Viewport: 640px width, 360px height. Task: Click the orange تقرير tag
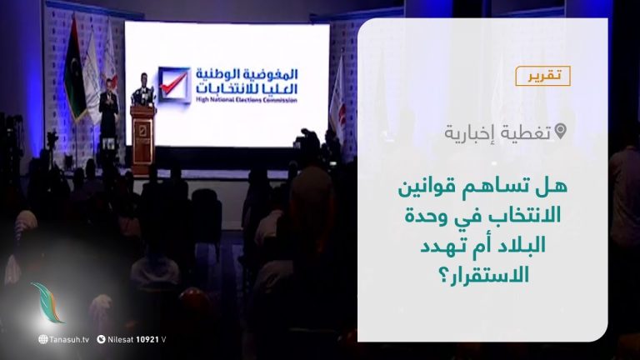(x=542, y=76)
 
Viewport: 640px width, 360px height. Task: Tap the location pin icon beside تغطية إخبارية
(x=560, y=131)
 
